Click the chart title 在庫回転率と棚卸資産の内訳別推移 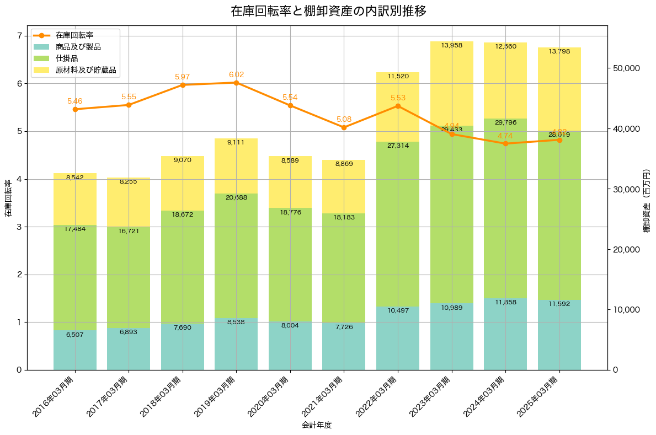point(328,11)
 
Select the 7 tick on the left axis point(19,36)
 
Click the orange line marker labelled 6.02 point(236,83)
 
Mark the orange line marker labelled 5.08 point(344,127)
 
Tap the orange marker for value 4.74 point(505,143)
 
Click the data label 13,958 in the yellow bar point(452,45)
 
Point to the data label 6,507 point(75,335)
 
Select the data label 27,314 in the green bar point(398,146)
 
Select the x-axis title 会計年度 point(317,425)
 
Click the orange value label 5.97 point(182,77)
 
